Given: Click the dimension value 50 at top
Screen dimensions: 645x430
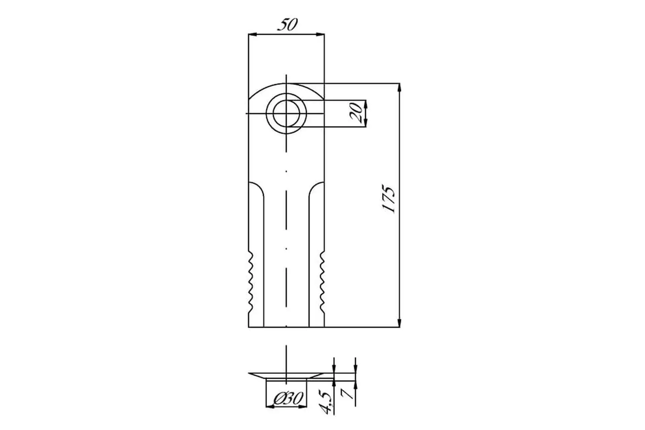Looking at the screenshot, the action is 288,25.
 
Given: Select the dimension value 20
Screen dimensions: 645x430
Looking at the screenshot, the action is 356,113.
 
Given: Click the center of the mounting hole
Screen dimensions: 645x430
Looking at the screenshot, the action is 286,114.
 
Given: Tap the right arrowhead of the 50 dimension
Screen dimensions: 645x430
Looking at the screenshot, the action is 320,34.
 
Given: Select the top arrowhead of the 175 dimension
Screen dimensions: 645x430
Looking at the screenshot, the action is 399,87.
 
